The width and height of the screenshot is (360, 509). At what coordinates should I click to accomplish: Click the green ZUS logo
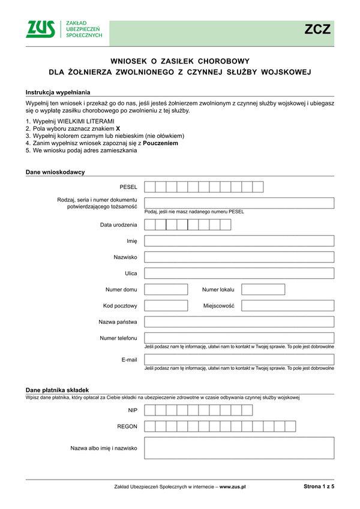[x=41, y=29]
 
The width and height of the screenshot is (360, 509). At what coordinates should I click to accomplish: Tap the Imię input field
[x=239, y=241]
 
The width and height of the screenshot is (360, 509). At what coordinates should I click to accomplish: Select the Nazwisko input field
[x=239, y=257]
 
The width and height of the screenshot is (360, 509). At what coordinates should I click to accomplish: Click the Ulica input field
[x=239, y=273]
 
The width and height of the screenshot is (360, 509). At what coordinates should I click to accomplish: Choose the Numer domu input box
[x=166, y=290]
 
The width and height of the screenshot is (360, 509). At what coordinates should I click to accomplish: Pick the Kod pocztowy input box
[x=166, y=306]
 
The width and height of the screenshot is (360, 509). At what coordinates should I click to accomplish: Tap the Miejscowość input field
[x=288, y=306]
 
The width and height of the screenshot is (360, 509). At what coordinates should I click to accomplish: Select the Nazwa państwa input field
[x=239, y=322]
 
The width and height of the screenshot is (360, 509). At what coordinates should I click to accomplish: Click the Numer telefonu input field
[x=239, y=338]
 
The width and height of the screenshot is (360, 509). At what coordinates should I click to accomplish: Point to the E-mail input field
[x=239, y=359]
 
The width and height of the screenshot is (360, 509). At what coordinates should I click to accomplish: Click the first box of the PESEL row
[x=150, y=187]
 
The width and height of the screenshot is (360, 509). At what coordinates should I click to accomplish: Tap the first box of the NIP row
[x=150, y=410]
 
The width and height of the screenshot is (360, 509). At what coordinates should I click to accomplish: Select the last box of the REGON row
[x=290, y=426]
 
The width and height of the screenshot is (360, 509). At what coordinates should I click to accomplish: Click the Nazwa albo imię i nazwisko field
[x=239, y=448]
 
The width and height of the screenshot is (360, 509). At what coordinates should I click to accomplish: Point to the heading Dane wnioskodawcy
[x=55, y=172]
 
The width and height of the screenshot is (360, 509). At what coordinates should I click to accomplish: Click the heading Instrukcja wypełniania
[x=58, y=92]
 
